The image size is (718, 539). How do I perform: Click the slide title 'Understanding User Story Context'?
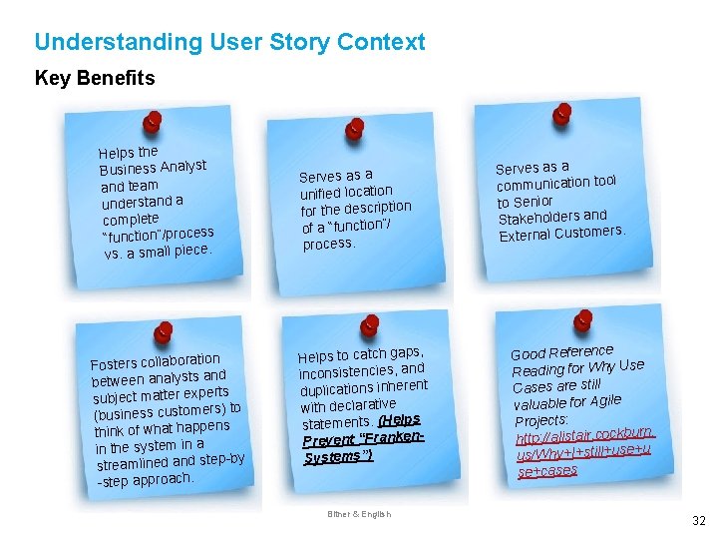229,42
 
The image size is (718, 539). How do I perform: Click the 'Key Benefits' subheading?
95,78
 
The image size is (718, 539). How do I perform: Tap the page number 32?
698,520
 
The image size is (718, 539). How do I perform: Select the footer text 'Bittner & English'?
360,514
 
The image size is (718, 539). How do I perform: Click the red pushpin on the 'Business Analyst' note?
152,122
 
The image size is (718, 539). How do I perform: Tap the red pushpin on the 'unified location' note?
354,129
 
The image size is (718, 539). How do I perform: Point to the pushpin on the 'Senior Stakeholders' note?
562,112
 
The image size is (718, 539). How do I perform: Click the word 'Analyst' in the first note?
182,167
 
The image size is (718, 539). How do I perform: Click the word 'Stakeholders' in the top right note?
538,217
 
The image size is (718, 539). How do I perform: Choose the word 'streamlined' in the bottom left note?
133,464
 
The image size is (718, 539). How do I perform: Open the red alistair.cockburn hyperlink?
584,435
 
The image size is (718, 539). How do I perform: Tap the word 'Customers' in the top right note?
590,231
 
